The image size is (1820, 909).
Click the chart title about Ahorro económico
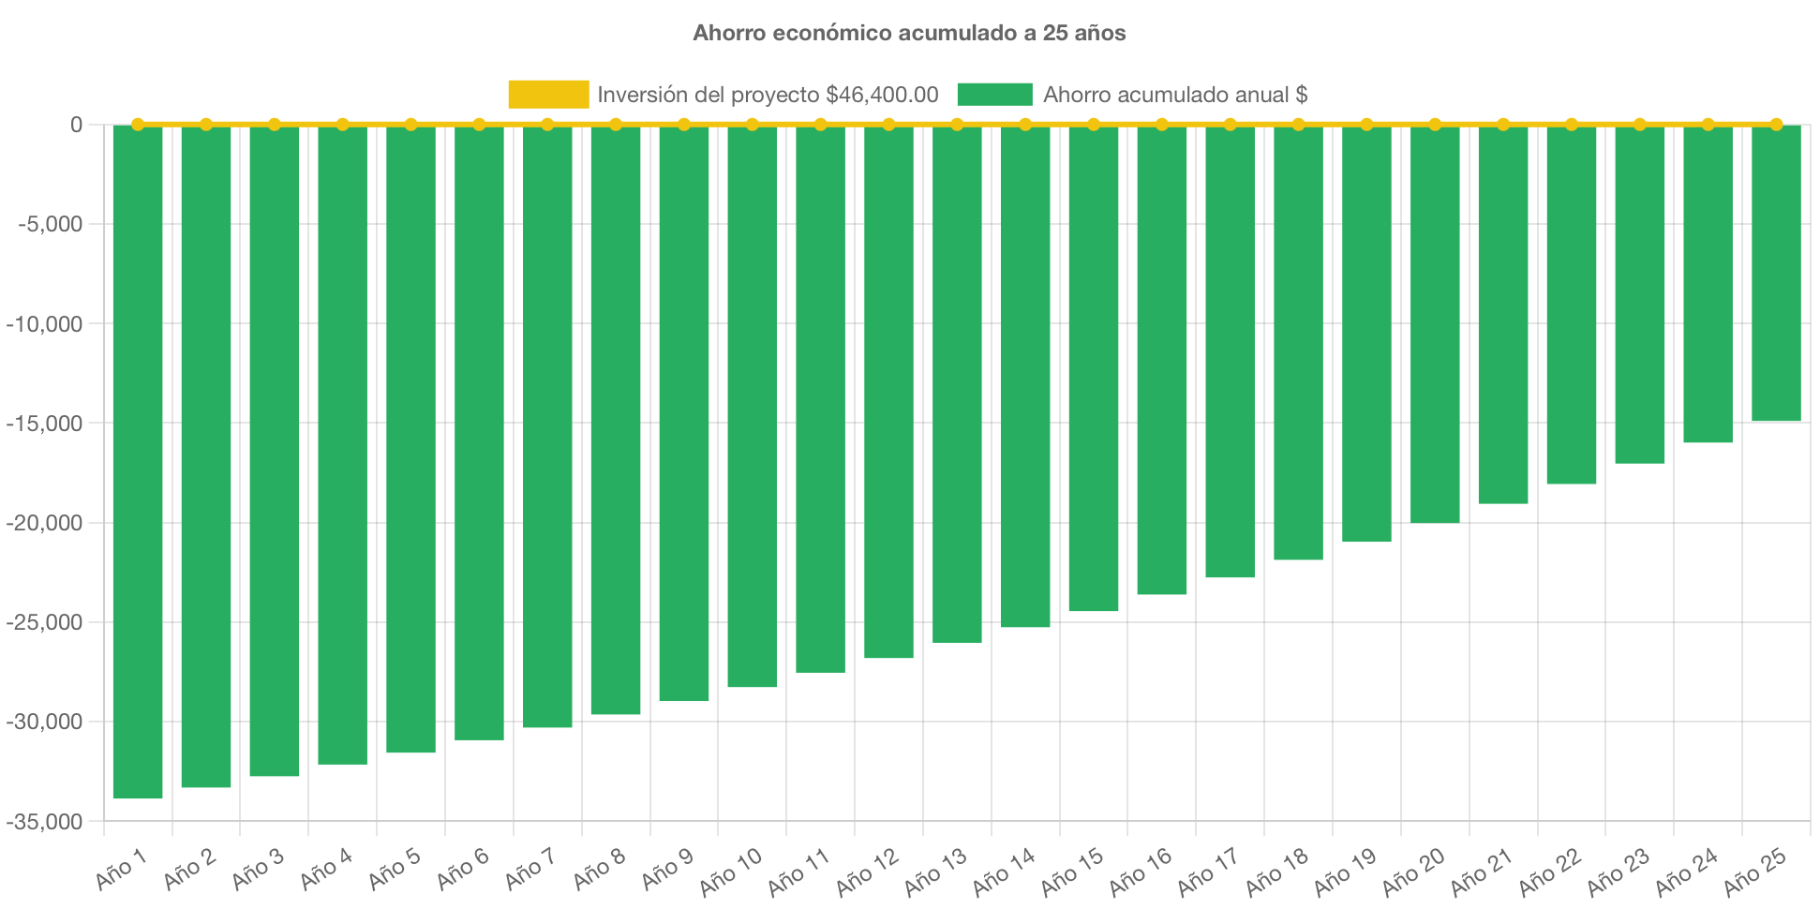click(x=909, y=33)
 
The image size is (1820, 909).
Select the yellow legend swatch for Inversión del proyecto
click(x=548, y=95)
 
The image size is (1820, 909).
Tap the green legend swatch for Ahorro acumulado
click(x=994, y=95)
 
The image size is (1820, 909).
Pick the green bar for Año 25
click(x=1776, y=273)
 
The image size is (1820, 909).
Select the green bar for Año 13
click(x=957, y=383)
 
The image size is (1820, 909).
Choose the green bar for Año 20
click(x=1435, y=323)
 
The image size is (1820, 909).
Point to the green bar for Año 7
click(x=547, y=426)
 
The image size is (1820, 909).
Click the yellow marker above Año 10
click(x=753, y=124)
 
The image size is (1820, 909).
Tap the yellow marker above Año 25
click(x=1776, y=124)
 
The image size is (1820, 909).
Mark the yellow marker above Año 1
click(x=138, y=124)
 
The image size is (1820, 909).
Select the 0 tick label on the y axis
click(x=76, y=125)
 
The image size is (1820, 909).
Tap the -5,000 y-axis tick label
click(x=51, y=224)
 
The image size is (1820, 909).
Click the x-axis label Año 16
click(x=1141, y=872)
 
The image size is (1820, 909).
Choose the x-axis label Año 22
click(x=1550, y=872)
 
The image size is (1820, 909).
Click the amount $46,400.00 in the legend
click(x=882, y=95)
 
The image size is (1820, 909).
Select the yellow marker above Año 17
click(x=1230, y=124)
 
